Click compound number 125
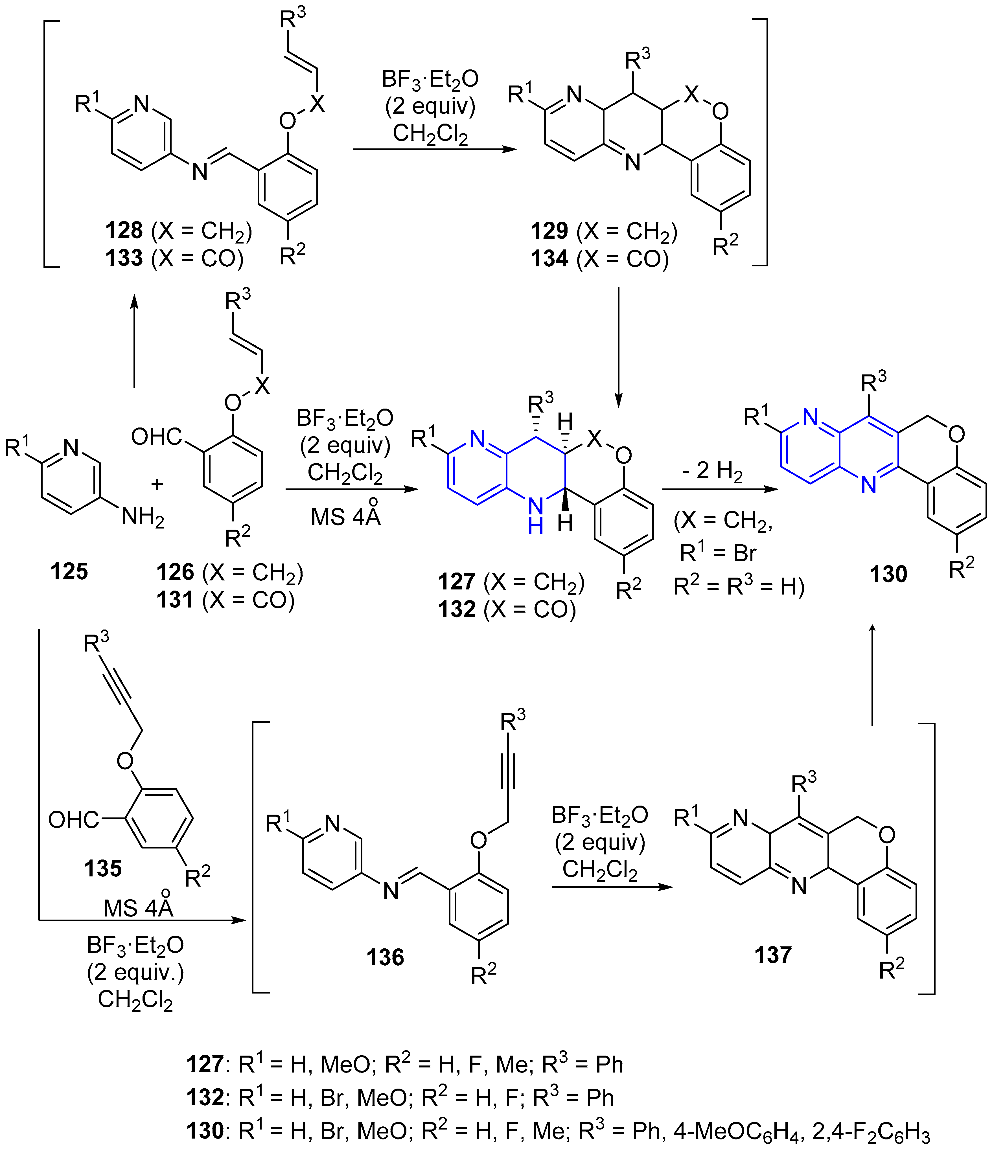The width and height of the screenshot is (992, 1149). click(69, 571)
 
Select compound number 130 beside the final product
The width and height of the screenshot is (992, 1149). click(888, 574)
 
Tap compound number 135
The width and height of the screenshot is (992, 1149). click(103, 868)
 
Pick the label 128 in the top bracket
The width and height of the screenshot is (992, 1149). click(124, 231)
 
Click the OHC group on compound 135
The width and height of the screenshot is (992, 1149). click(73, 820)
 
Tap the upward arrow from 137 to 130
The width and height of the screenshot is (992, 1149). click(872, 674)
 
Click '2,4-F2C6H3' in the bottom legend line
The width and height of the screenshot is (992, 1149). click(871, 1131)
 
